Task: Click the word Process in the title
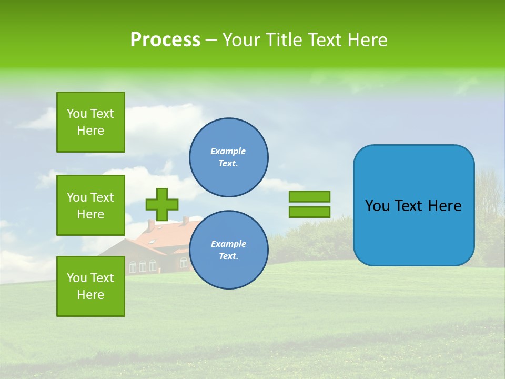click(x=165, y=40)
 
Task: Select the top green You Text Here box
click(x=90, y=122)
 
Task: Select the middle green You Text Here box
click(x=90, y=205)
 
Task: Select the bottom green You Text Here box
click(x=90, y=286)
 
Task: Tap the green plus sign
click(x=162, y=204)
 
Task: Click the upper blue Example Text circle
click(x=228, y=157)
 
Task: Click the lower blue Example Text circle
click(x=228, y=250)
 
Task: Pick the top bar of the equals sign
click(x=309, y=196)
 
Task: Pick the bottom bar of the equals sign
click(x=309, y=212)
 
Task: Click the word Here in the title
click(x=367, y=40)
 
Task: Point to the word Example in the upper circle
click(x=228, y=151)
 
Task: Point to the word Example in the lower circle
click(x=228, y=244)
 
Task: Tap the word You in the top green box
click(x=77, y=114)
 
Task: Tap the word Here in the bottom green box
click(x=90, y=295)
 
